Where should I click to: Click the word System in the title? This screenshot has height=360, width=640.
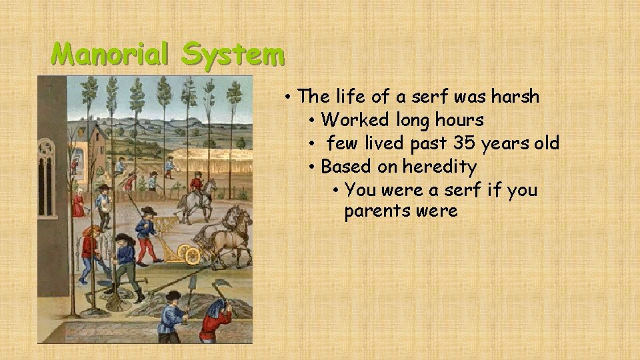pos(233,55)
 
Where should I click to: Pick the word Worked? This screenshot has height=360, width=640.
pos(355,120)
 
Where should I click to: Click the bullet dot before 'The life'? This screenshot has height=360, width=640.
pos(287,97)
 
